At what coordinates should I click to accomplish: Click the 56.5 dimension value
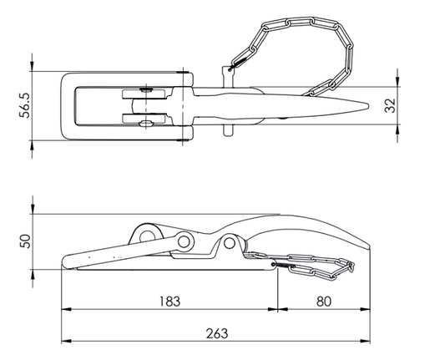[x=24, y=105]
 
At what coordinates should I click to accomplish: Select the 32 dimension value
[x=390, y=105]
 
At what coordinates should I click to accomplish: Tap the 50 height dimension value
[x=25, y=241]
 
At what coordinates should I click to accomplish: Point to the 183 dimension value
[x=169, y=302]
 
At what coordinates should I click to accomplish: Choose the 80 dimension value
[x=324, y=302]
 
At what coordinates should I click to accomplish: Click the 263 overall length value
[x=217, y=333]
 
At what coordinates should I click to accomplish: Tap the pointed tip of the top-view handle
[x=368, y=106]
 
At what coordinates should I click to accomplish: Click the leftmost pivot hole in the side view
[x=147, y=236]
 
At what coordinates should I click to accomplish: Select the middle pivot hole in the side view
[x=184, y=241]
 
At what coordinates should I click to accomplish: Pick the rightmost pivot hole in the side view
[x=229, y=243]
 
